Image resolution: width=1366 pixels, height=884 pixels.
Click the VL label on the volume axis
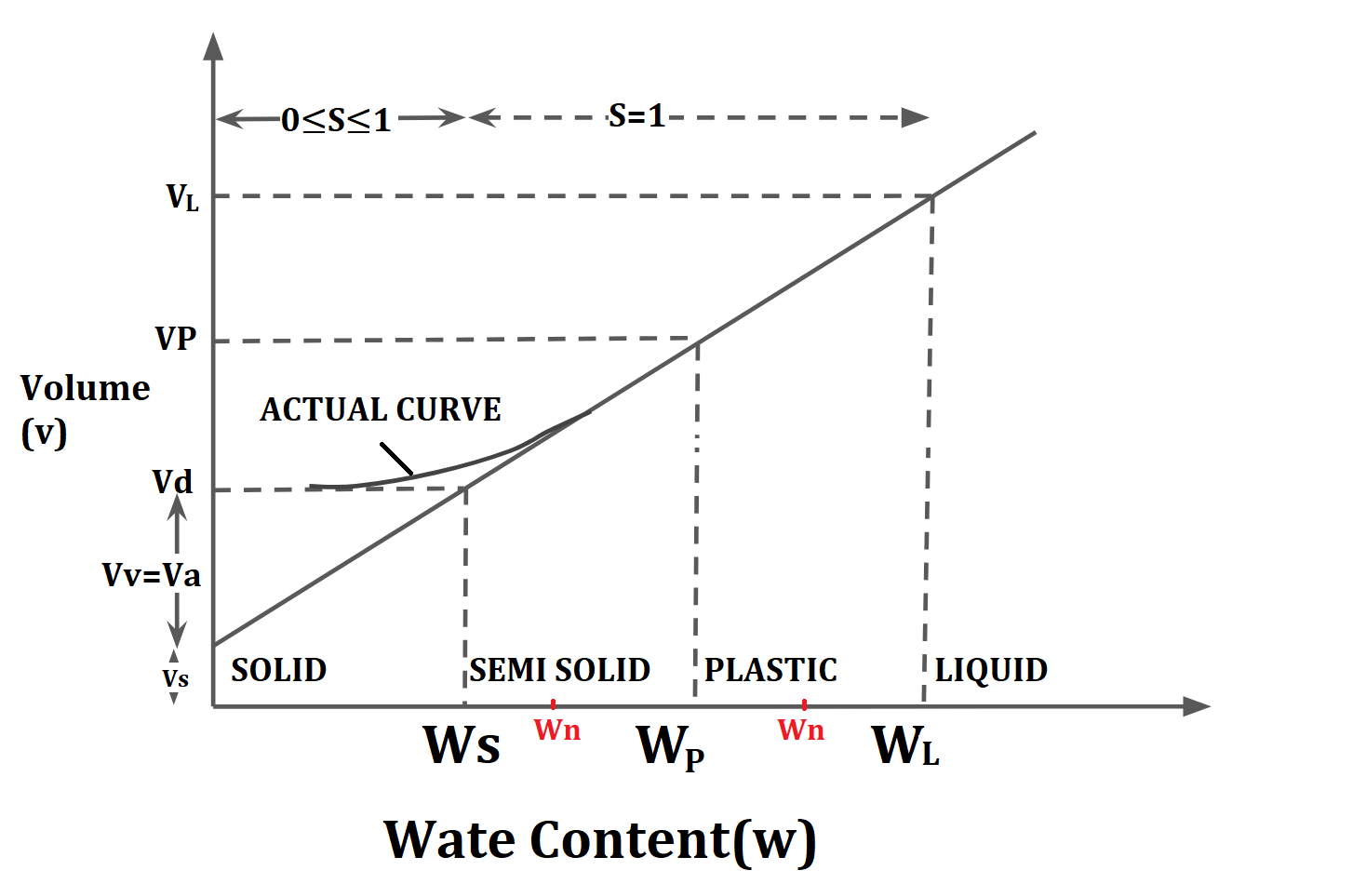click(x=182, y=197)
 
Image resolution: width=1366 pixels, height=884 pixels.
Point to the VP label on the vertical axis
click(x=176, y=338)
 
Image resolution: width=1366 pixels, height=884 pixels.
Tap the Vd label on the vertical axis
click(x=173, y=482)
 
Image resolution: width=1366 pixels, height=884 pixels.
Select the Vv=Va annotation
click(x=152, y=575)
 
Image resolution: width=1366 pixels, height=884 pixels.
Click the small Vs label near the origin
click(x=175, y=678)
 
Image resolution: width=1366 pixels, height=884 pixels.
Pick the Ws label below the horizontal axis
click(x=462, y=744)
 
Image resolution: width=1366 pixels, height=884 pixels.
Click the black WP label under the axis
click(x=670, y=746)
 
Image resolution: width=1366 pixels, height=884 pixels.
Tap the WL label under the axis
click(x=905, y=745)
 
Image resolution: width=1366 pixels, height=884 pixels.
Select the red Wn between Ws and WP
click(x=557, y=730)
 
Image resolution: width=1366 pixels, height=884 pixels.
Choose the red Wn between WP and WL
click(x=801, y=730)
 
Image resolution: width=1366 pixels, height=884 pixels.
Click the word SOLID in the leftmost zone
click(x=279, y=670)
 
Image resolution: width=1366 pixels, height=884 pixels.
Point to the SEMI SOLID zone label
click(x=559, y=670)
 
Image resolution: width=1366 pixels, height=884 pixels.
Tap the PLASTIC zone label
click(x=770, y=670)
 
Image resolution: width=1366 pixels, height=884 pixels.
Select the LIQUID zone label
click(x=991, y=670)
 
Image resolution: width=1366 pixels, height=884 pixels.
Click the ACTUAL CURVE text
click(x=381, y=409)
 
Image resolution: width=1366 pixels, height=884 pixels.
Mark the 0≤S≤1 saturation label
click(x=336, y=120)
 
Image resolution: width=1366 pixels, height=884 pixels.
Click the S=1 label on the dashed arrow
click(x=636, y=116)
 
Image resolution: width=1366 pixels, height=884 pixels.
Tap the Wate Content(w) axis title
click(x=600, y=840)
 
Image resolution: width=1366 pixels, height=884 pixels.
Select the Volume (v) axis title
click(x=84, y=409)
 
